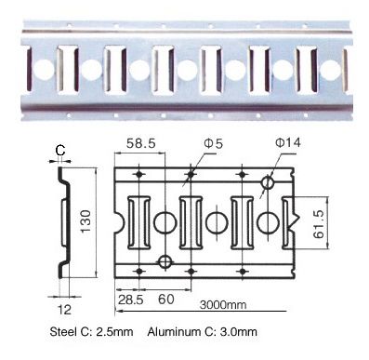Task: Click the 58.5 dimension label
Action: (141, 143)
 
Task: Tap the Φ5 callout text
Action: (214, 143)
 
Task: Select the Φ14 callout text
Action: (288, 142)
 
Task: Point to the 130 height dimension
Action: (86, 221)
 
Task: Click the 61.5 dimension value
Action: (319, 224)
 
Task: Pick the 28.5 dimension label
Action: (130, 300)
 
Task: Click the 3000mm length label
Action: (223, 305)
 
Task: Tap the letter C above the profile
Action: (60, 151)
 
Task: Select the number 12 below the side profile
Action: (64, 310)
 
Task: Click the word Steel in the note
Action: (63, 332)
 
